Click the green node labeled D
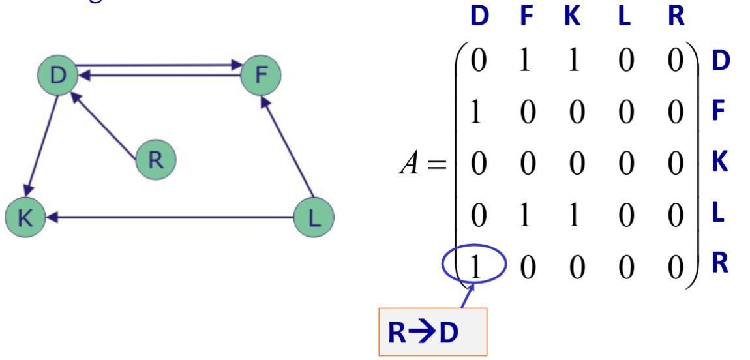click(x=58, y=76)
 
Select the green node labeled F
click(x=261, y=76)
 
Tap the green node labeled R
click(x=156, y=160)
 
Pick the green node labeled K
click(x=24, y=217)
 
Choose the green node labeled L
click(x=314, y=217)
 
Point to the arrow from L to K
click(x=170, y=217)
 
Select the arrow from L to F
click(x=288, y=147)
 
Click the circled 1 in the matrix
click(x=474, y=266)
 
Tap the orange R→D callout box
click(x=432, y=332)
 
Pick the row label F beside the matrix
click(x=719, y=110)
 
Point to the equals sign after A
click(x=435, y=164)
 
